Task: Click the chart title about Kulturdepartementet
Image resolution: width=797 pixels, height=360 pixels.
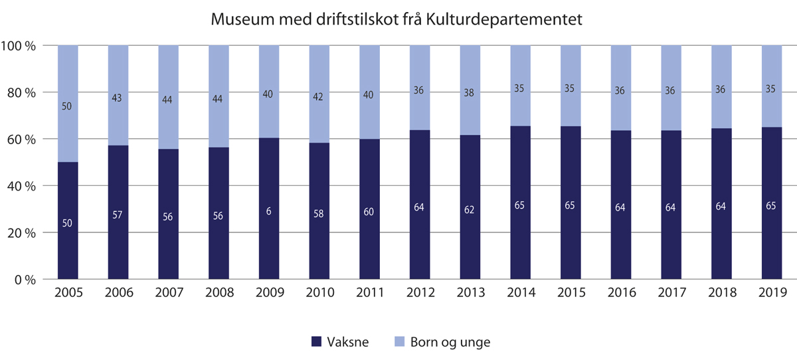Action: [x=397, y=20]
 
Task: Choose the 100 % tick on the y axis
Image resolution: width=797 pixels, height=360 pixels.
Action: [x=21, y=46]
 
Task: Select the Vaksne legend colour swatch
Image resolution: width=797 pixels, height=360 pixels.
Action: [x=317, y=342]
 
